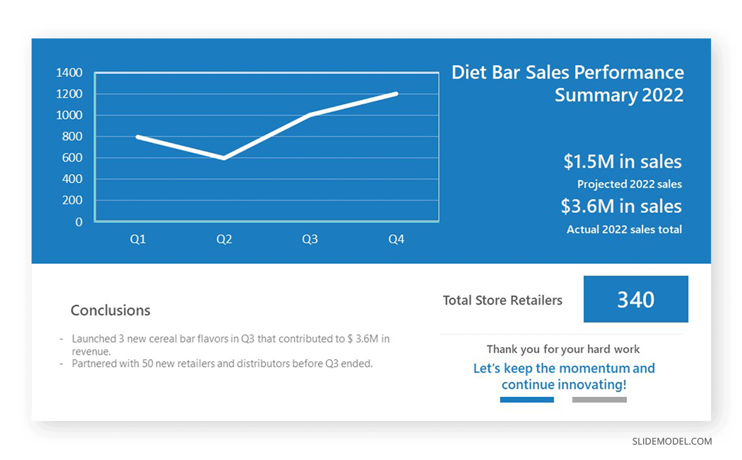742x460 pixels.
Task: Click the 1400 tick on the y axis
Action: tap(69, 72)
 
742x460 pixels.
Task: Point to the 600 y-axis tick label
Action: tap(72, 157)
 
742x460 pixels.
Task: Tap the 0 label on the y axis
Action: tap(79, 222)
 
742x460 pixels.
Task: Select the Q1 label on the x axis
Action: tap(138, 239)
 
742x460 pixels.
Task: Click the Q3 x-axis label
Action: tap(310, 239)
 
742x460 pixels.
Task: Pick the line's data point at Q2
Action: tap(224, 158)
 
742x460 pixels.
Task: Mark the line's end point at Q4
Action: tap(396, 94)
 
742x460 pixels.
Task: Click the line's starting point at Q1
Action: tap(138, 137)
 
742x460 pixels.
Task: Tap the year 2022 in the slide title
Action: tap(662, 95)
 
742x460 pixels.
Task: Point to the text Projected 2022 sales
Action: tap(629, 184)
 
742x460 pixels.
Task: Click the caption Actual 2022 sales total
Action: tap(624, 229)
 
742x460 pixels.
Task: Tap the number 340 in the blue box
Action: tap(636, 300)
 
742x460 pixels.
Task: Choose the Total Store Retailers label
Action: tap(503, 300)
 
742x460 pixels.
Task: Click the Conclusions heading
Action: tap(110, 310)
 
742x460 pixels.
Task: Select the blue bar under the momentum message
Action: tap(527, 400)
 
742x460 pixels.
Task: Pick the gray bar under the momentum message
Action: tap(599, 400)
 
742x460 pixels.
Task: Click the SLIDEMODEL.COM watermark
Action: tap(672, 441)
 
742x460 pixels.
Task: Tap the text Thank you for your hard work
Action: tap(563, 349)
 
